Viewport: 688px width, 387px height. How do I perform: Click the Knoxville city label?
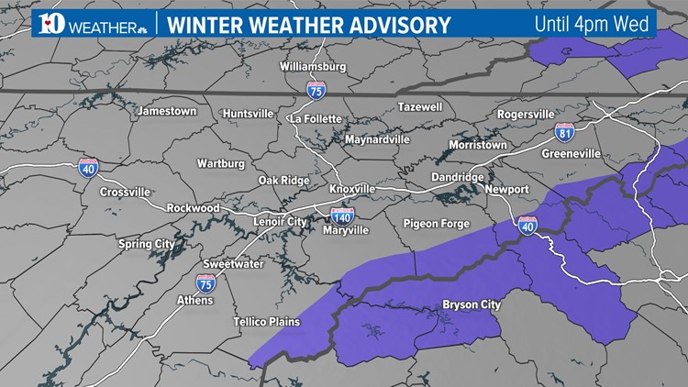click(352, 188)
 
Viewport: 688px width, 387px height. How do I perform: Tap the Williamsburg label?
click(313, 67)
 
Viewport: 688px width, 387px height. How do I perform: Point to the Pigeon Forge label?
click(436, 224)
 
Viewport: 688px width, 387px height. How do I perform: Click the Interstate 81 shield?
click(565, 134)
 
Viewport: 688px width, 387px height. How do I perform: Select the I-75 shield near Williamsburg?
click(315, 89)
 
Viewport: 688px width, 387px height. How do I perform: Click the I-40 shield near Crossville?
click(88, 167)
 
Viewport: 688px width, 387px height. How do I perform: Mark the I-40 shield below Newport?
click(527, 225)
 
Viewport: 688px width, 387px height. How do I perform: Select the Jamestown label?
click(167, 111)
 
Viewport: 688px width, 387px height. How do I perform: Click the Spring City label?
click(146, 244)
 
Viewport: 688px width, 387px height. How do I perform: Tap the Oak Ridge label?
click(283, 180)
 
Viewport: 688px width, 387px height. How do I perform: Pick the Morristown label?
click(477, 145)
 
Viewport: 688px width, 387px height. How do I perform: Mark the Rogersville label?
click(526, 114)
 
